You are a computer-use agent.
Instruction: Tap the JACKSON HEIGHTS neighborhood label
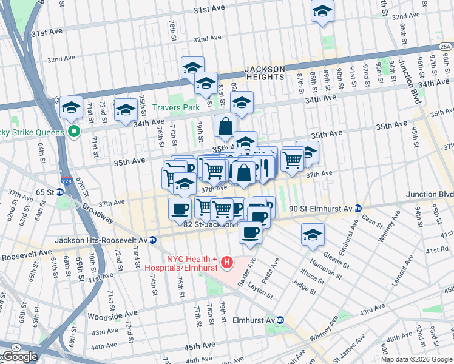coord(265,73)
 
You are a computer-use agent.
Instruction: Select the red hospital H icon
coord(227,262)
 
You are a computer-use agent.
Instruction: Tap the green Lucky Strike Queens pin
coord(74,131)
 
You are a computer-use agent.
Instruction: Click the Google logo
coord(19,357)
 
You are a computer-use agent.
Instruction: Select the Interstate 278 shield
coord(65,181)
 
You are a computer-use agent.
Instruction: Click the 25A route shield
coord(445,46)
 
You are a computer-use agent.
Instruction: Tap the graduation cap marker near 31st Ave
coord(322,10)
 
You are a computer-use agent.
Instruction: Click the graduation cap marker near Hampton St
coord(313,235)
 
